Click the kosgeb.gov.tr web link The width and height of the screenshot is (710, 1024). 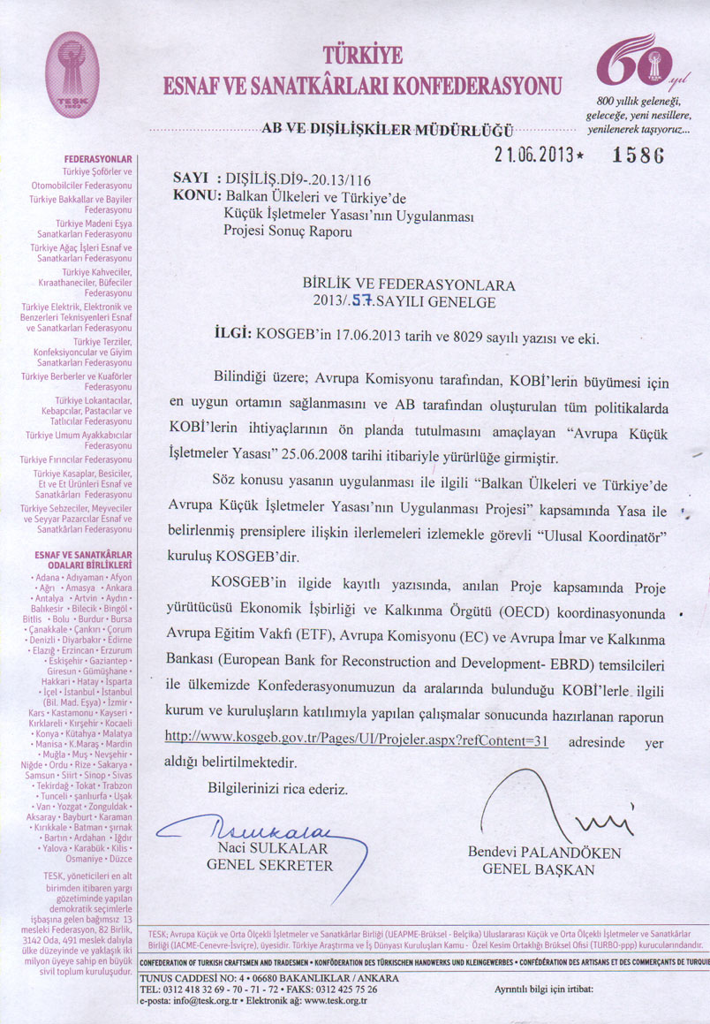coord(356,739)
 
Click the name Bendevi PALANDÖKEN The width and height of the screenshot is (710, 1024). coord(544,853)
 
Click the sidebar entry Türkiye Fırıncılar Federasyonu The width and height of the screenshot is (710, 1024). coord(76,459)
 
